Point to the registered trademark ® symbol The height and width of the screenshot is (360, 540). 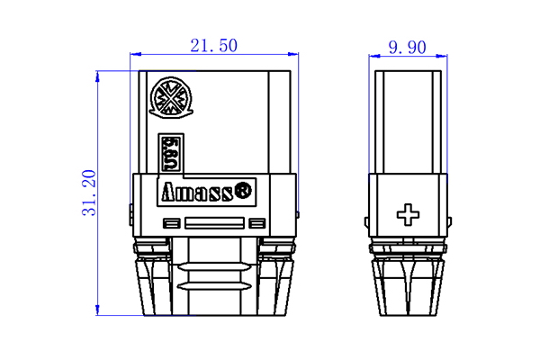tap(244, 191)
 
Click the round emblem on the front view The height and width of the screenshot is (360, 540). tap(169, 97)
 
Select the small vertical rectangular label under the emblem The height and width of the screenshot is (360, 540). tap(167, 152)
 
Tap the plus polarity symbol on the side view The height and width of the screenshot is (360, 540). tap(409, 214)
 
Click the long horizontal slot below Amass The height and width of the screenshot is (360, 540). tap(213, 223)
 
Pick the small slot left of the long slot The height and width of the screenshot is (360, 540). tap(170, 223)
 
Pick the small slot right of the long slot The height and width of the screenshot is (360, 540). tap(257, 223)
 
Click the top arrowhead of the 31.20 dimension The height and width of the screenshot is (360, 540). tap(98, 73)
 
